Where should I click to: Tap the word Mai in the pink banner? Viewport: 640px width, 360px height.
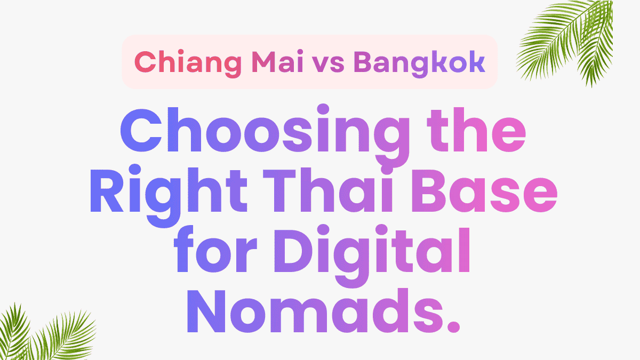(x=279, y=62)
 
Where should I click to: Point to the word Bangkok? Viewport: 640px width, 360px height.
(x=420, y=62)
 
